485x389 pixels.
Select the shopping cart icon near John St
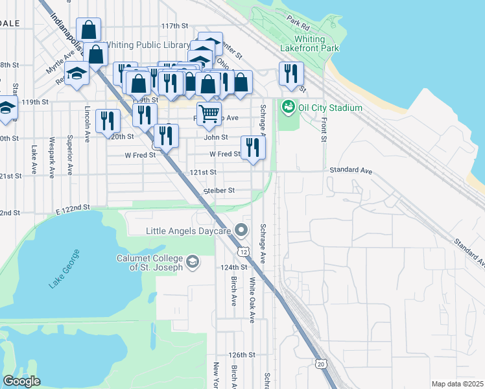(x=209, y=114)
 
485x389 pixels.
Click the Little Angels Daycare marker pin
(x=242, y=230)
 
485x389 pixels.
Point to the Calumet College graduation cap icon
(x=192, y=262)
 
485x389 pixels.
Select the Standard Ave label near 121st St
(x=351, y=170)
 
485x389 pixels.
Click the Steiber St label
(x=219, y=191)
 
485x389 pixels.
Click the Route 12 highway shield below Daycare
(x=242, y=251)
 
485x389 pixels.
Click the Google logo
(x=21, y=381)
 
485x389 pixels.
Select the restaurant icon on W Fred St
(x=253, y=147)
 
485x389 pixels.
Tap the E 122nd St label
(x=71, y=207)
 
